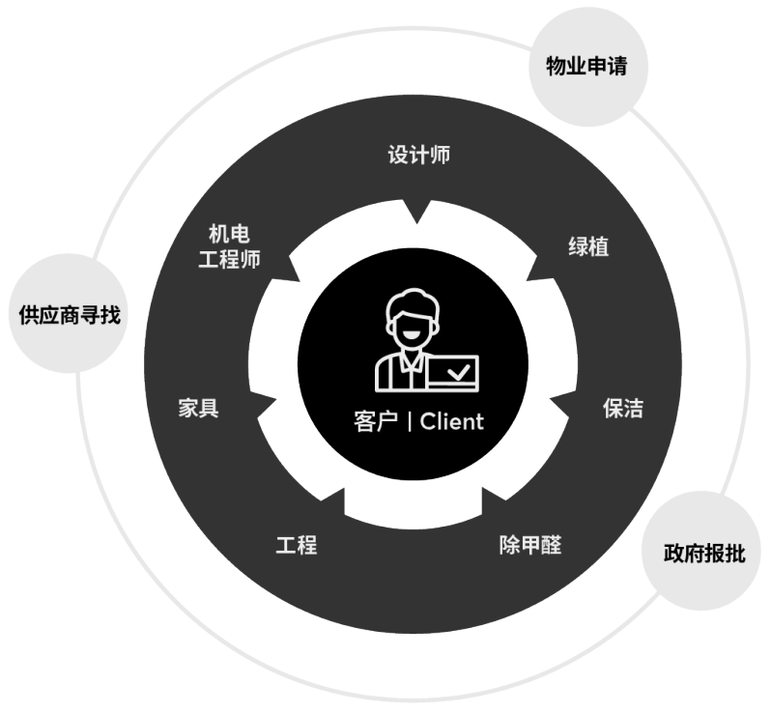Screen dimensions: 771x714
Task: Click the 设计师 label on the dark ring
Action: point(418,155)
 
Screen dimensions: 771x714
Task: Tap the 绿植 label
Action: point(587,246)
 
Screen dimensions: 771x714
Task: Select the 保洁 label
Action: point(622,408)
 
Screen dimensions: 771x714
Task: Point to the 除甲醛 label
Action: point(529,544)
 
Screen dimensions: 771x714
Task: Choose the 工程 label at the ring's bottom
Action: point(296,544)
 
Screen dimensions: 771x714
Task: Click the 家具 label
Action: point(198,408)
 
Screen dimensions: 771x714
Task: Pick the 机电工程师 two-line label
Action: point(229,247)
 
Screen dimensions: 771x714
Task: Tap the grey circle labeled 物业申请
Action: point(587,68)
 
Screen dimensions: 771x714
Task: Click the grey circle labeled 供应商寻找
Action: point(70,314)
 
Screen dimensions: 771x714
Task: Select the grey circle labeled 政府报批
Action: point(703,553)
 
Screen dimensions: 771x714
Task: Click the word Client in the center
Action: point(451,422)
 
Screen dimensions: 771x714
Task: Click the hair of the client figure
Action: point(409,300)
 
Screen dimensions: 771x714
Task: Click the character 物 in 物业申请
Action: point(557,68)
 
